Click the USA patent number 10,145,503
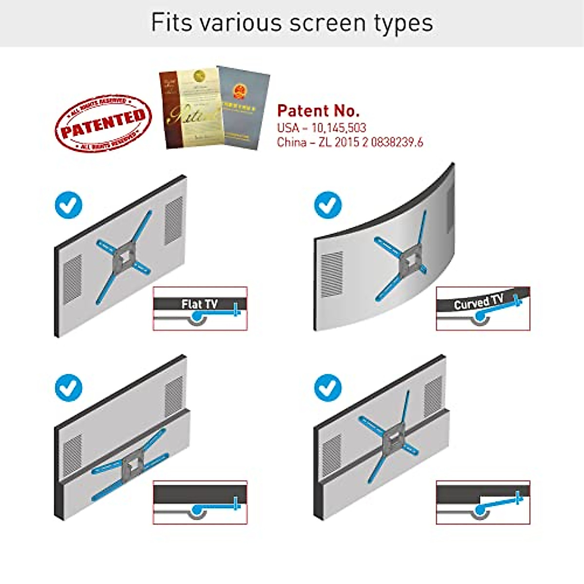click(x=338, y=128)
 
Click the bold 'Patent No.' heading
click(x=318, y=111)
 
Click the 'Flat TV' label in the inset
click(x=200, y=304)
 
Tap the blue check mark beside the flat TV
click(x=69, y=205)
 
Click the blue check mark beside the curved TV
click(x=328, y=205)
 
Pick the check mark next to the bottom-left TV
click(x=69, y=388)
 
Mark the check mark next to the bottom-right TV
click(x=328, y=388)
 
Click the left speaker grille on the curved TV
click(x=332, y=274)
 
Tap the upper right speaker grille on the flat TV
click(x=173, y=220)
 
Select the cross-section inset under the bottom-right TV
click(x=483, y=502)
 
